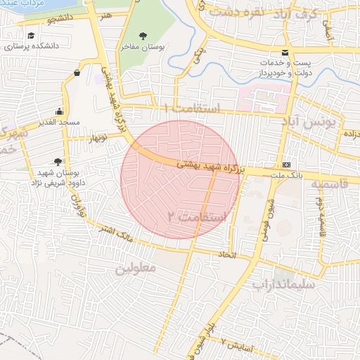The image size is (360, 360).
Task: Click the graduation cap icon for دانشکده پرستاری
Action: click(x=30, y=35)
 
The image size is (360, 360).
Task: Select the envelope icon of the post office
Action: click(x=285, y=53)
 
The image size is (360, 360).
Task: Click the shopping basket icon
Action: click(x=76, y=72)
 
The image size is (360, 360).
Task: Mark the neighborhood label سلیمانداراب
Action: click(x=286, y=285)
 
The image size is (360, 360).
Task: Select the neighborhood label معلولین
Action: click(x=134, y=269)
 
